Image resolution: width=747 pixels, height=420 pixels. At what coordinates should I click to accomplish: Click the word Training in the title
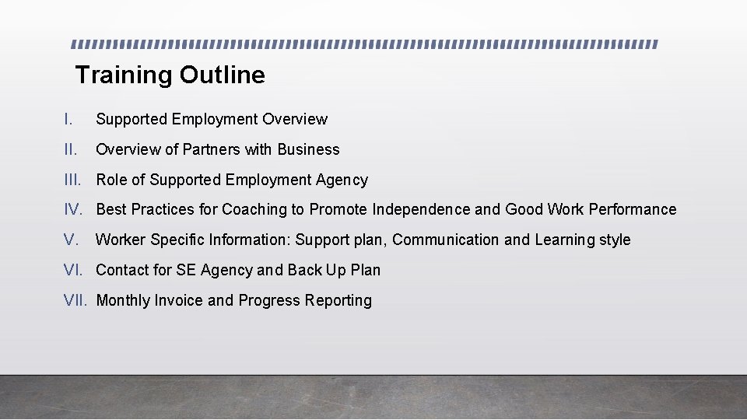pos(124,75)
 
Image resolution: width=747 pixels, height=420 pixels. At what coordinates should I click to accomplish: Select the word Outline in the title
pos(223,75)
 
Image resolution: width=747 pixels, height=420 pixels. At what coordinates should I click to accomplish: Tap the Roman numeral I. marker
pos(68,119)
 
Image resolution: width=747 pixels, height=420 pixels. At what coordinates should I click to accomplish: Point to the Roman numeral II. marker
pos(72,149)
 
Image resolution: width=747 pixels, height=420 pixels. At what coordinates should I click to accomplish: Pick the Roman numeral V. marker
pos(71,240)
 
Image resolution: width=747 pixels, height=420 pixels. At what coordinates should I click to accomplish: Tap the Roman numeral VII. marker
pos(76,300)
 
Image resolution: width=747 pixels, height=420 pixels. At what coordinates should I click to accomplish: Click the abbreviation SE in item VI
pos(185,270)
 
